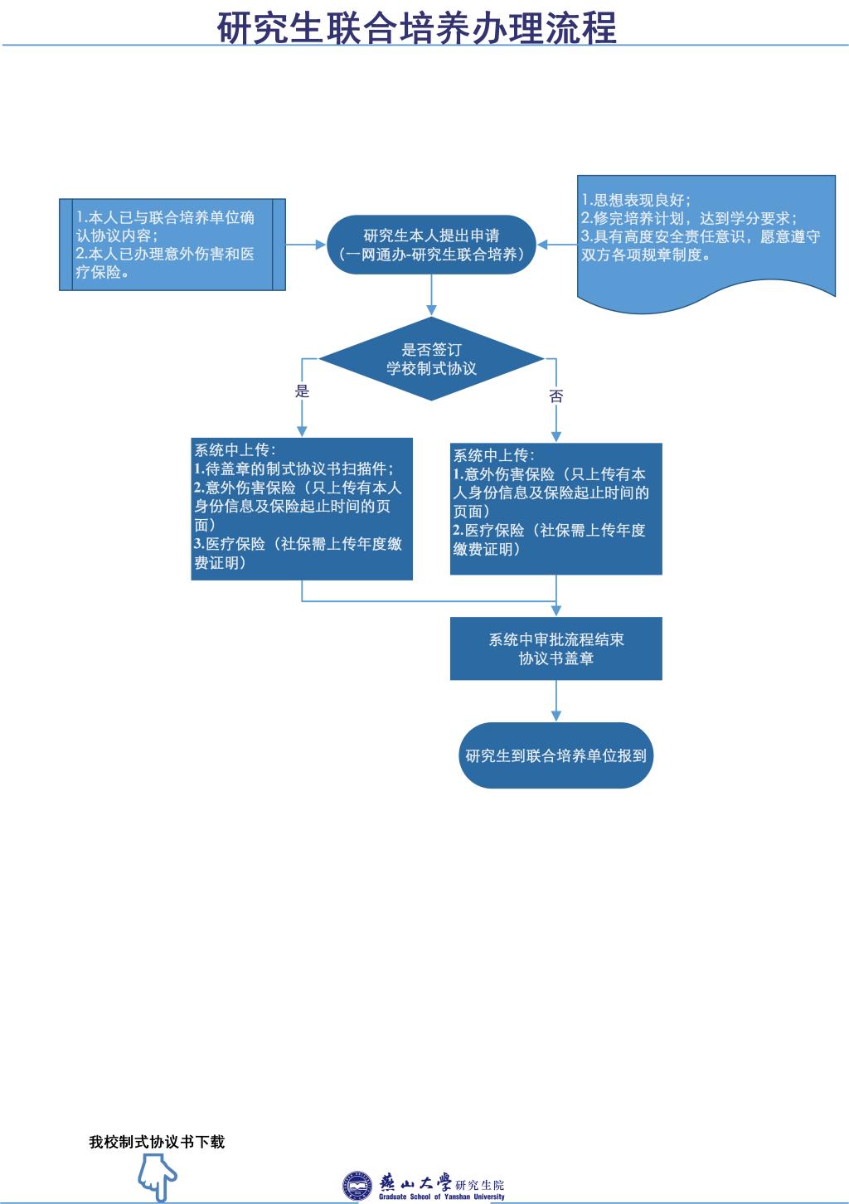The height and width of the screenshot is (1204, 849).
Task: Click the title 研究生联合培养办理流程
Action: tap(417, 27)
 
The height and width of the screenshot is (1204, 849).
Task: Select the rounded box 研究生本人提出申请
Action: tap(431, 245)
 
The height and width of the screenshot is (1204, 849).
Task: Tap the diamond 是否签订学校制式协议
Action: tap(431, 359)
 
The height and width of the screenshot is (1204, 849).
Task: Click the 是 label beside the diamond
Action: tap(302, 391)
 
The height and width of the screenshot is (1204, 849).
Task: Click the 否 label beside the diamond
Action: tap(555, 396)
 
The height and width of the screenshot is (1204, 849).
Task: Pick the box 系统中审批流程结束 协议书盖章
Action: tap(555, 648)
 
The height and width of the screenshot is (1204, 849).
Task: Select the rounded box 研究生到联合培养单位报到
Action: tap(555, 755)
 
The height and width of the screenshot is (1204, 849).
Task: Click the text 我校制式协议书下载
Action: tap(157, 1142)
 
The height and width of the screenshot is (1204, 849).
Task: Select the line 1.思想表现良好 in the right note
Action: tap(636, 200)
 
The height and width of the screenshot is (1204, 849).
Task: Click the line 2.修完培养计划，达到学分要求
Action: tap(689, 218)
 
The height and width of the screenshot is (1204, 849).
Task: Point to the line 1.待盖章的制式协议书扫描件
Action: tap(294, 468)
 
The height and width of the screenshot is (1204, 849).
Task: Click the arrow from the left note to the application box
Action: tap(306, 244)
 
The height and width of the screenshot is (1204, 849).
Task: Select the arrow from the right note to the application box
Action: tap(556, 244)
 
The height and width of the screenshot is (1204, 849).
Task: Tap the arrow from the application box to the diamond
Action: tap(431, 295)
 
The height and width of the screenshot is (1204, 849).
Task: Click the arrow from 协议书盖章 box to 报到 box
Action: tap(555, 701)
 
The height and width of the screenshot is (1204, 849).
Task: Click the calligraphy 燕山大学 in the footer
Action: tap(415, 1182)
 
